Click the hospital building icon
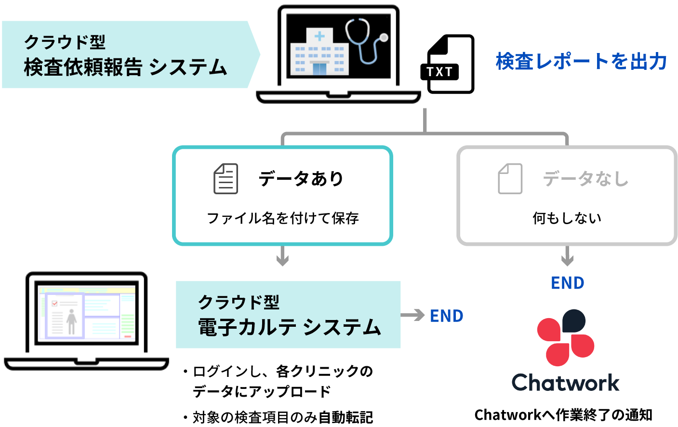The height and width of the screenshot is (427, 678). click(319, 52)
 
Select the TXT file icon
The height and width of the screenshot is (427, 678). click(450, 64)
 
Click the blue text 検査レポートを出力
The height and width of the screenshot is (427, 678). click(581, 62)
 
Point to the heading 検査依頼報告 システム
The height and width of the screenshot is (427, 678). click(125, 67)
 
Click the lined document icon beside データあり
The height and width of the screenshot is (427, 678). click(226, 179)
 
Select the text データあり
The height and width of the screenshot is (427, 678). click(301, 179)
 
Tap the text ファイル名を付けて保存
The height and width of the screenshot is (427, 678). click(283, 218)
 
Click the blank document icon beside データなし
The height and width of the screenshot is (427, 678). click(510, 179)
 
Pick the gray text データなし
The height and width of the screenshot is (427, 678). click(586, 179)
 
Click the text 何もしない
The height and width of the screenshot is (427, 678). click(567, 218)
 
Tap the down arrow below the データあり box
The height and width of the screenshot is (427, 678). click(282, 256)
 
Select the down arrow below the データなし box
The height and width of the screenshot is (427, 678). click(567, 256)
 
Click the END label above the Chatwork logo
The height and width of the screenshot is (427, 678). click(568, 283)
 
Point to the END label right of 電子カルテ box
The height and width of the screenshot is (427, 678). click(447, 316)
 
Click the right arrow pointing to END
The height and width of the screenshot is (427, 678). click(412, 316)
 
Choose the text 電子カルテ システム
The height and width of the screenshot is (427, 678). click(290, 327)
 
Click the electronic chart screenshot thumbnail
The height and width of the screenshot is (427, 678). click(87, 313)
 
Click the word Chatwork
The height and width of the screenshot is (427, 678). click(566, 383)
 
